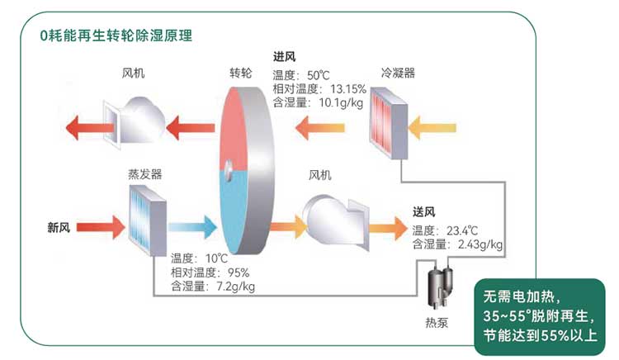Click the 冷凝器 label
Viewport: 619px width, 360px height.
pos(398,73)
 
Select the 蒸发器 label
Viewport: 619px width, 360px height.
pos(144,175)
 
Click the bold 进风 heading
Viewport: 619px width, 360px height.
pos(286,57)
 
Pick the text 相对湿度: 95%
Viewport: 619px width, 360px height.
pos(210,272)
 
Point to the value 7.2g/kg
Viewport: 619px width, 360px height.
pos(235,287)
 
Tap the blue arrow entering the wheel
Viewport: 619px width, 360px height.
pos(191,227)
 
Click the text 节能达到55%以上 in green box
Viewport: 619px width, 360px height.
pos(541,336)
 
